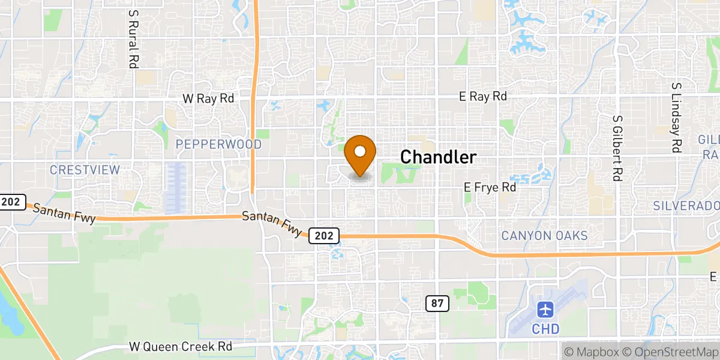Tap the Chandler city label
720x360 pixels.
[x=438, y=157]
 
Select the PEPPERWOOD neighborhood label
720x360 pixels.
[x=218, y=145]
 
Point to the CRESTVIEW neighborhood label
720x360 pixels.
[x=85, y=170]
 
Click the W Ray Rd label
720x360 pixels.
[x=208, y=98]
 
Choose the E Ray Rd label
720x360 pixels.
[x=482, y=96]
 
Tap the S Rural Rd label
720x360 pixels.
[x=133, y=37]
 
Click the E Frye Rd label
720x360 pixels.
[x=490, y=187]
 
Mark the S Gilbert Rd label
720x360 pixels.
[x=616, y=146]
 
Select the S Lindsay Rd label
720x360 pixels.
[x=676, y=117]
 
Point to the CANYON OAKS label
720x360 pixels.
[x=545, y=236]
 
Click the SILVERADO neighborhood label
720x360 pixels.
[x=686, y=206]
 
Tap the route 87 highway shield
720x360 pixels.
[x=438, y=304]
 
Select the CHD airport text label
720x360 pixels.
[x=545, y=329]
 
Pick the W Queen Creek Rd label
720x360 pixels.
[x=181, y=347]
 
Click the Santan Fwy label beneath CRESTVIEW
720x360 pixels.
[x=64, y=214]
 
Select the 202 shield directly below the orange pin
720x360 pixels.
[x=324, y=236]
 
